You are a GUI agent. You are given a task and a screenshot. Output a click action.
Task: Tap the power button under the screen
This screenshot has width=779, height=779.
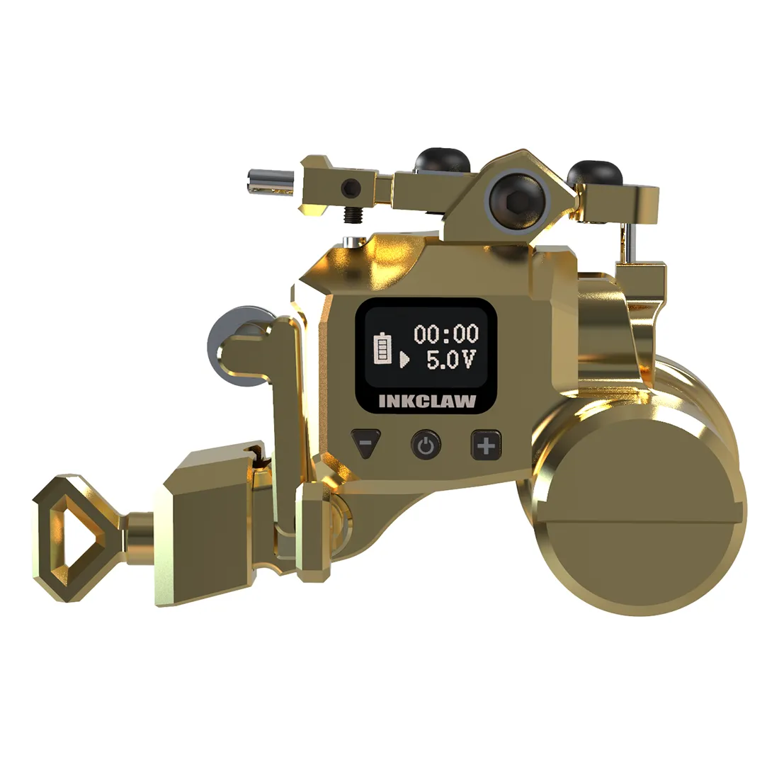(x=426, y=445)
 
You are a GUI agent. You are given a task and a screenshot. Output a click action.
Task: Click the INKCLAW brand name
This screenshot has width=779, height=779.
(x=427, y=402)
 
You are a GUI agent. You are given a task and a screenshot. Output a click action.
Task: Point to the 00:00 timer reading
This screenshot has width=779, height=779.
(x=446, y=334)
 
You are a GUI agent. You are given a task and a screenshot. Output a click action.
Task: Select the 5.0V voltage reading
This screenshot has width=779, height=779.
(x=451, y=359)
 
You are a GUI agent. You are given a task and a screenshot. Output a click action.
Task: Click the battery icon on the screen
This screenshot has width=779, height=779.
(x=382, y=349)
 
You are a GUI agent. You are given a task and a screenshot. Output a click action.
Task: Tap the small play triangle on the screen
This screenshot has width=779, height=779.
(x=404, y=359)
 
